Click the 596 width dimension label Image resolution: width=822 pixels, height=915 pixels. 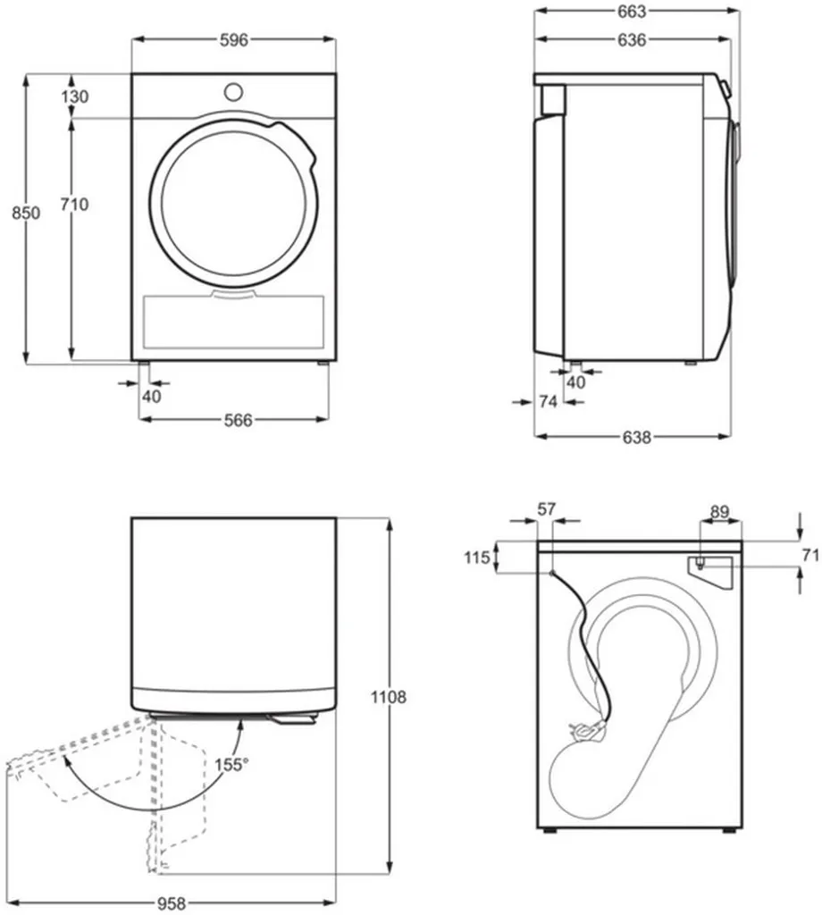pyautogui.click(x=234, y=39)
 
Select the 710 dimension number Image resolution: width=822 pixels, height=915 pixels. pyautogui.click(x=74, y=205)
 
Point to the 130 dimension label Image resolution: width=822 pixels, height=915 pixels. pyautogui.click(x=75, y=97)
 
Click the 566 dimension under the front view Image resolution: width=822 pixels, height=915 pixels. pyautogui.click(x=237, y=420)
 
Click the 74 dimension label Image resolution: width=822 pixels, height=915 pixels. pyautogui.click(x=548, y=402)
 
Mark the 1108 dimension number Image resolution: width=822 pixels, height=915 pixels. pyautogui.click(x=389, y=697)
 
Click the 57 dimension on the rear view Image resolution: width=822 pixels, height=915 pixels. pyautogui.click(x=546, y=509)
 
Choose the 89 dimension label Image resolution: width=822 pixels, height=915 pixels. pyautogui.click(x=719, y=512)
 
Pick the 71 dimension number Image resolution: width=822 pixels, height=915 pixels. pyautogui.click(x=809, y=555)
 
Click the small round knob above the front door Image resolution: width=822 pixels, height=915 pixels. pyautogui.click(x=234, y=91)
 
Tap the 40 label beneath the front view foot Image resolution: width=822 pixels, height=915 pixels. pyautogui.click(x=152, y=397)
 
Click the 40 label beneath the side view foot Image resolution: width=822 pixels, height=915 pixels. pyautogui.click(x=576, y=382)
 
